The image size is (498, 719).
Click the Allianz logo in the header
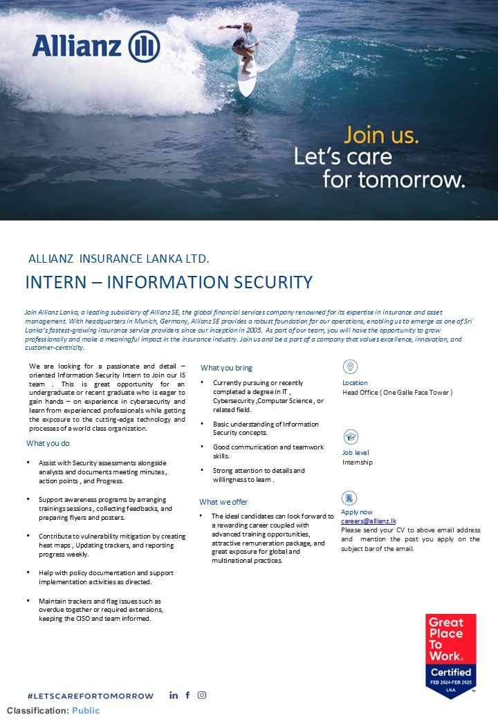[95, 46]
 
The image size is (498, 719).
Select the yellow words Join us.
[381, 134]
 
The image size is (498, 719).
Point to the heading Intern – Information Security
[169, 282]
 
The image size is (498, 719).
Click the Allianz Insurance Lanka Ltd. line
[118, 259]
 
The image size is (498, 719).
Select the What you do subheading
[48, 443]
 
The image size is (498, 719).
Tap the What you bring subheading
[226, 368]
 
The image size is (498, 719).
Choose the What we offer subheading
[223, 502]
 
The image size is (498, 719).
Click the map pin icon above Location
[350, 367]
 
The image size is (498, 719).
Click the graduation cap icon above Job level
[350, 437]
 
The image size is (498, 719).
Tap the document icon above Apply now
[350, 498]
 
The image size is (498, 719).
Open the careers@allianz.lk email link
[369, 521]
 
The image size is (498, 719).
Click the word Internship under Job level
[358, 463]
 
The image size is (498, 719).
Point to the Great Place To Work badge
[450, 655]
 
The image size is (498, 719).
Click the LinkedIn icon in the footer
[174, 695]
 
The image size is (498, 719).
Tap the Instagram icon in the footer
[202, 695]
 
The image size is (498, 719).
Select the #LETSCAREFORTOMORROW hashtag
[90, 696]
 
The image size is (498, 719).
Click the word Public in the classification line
[86, 711]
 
